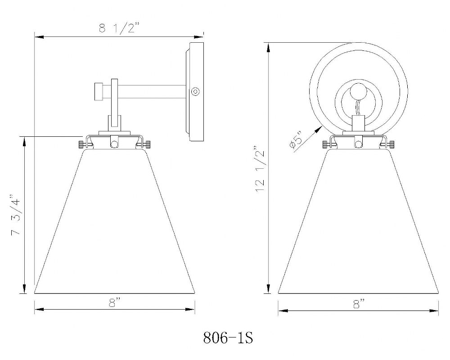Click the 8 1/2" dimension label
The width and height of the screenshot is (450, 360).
pos(119,28)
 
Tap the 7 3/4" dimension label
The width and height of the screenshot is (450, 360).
pos(15,215)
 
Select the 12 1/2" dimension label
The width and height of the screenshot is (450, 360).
pos(260,170)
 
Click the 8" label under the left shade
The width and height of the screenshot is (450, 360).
pos(115,302)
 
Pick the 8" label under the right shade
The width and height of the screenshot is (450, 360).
pos(359,304)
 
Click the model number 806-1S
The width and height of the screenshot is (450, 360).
pos(228,338)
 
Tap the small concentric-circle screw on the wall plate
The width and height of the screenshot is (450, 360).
pos(195,92)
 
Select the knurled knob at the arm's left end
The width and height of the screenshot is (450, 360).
pos(99,92)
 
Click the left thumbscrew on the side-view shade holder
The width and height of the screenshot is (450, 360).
pos(82,144)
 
